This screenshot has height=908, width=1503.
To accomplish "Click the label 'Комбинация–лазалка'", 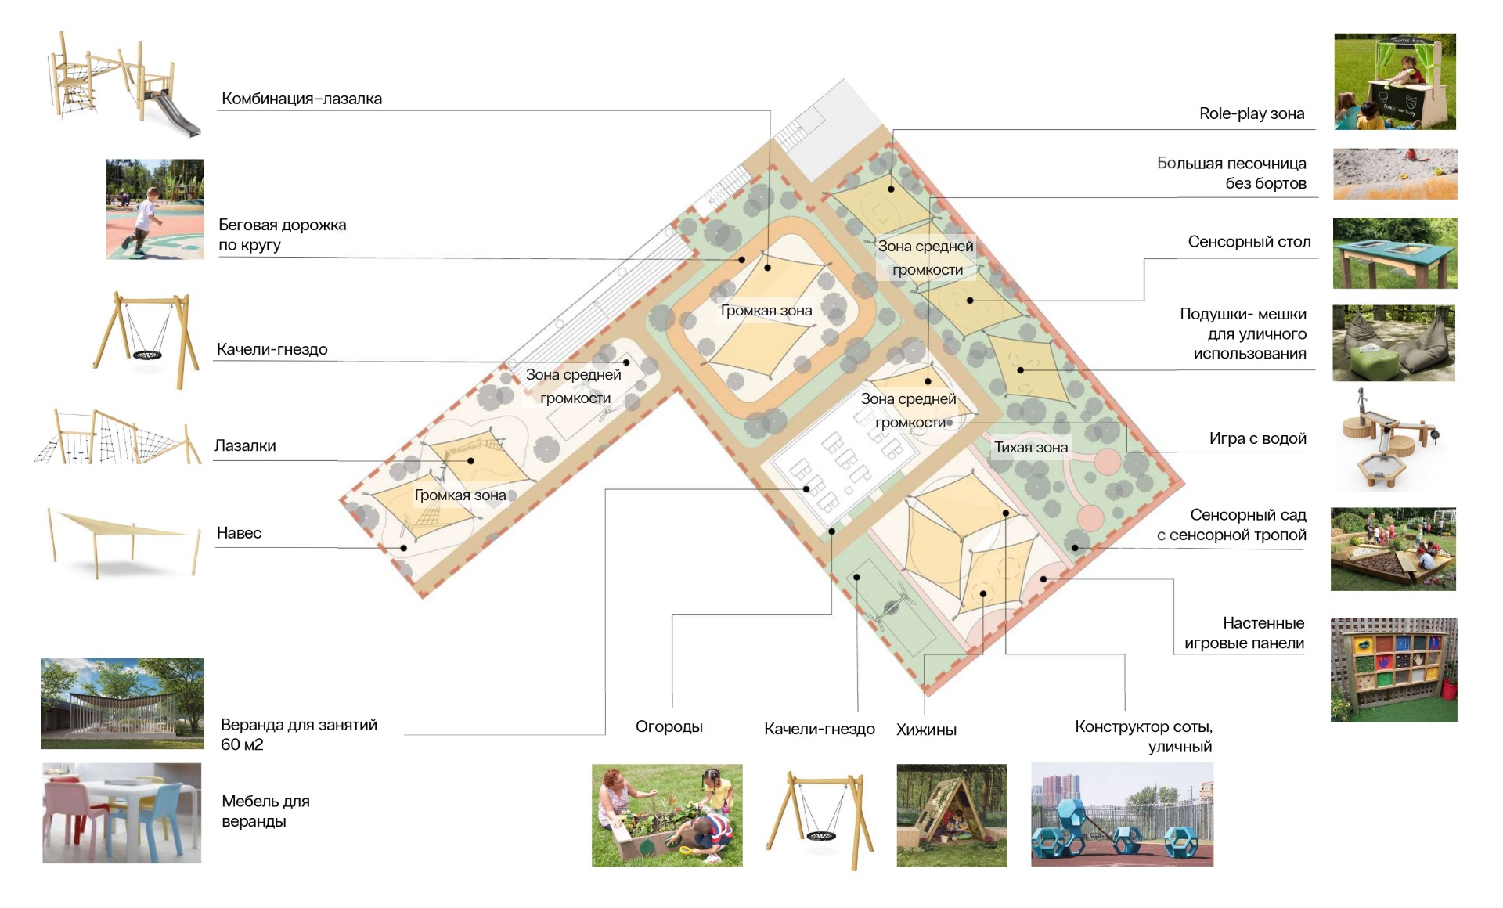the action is [x=301, y=99].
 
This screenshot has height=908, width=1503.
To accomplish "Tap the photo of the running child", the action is [x=155, y=209].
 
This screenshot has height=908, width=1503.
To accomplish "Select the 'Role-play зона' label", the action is [x=1251, y=113].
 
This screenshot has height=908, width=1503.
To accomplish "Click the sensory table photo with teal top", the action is [x=1394, y=254].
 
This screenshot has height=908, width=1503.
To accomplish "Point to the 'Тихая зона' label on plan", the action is [x=1030, y=448].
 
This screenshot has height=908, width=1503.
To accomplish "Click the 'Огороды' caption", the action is [x=669, y=727].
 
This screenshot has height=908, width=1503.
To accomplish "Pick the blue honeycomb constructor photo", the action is [x=1122, y=814].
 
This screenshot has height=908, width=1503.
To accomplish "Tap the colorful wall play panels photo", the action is [x=1393, y=670].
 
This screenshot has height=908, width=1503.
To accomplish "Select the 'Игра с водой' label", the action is [x=1257, y=438].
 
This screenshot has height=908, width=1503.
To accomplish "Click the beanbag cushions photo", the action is [x=1393, y=343].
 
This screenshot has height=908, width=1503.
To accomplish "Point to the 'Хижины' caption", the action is [x=926, y=730].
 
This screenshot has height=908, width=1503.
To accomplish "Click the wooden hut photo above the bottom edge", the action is [x=951, y=815].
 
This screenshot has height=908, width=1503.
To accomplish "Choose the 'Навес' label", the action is [x=239, y=533].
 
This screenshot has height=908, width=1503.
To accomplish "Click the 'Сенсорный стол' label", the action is [x=1249, y=242].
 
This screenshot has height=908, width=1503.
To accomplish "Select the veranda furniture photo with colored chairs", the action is [x=121, y=813].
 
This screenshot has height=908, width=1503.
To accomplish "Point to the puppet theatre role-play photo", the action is [x=1394, y=81].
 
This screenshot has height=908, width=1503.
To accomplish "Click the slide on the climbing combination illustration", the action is [x=177, y=116].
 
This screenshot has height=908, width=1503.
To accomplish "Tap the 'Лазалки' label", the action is [x=245, y=446].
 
